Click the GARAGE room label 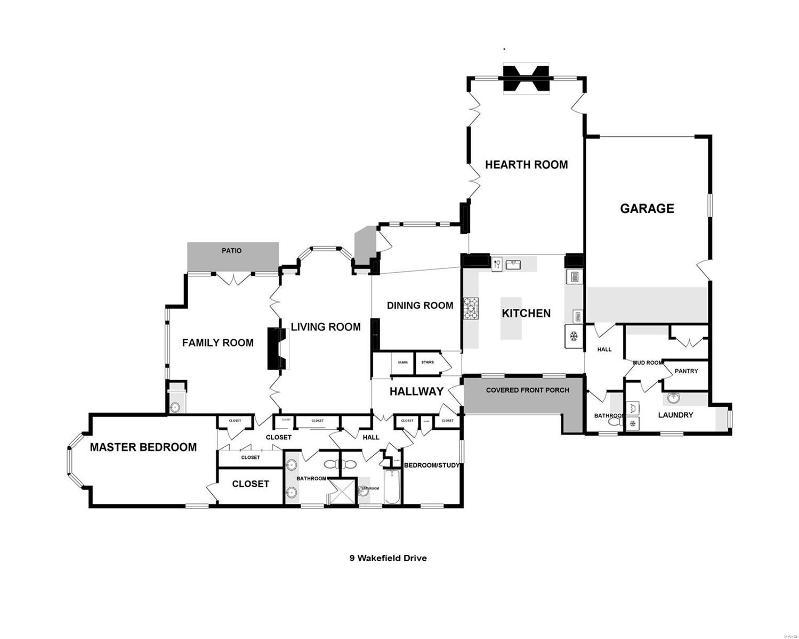(x=647, y=208)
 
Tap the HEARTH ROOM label (x=526, y=165)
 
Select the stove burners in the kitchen (x=471, y=308)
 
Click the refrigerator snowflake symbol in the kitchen (x=574, y=336)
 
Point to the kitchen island (x=511, y=318)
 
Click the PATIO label (x=232, y=250)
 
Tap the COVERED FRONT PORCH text (x=527, y=390)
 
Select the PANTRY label (x=686, y=371)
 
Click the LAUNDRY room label (x=675, y=415)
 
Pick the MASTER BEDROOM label (x=143, y=447)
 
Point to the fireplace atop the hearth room (x=526, y=79)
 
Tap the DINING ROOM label (x=420, y=305)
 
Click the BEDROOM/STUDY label (x=431, y=465)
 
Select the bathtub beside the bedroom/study (x=392, y=486)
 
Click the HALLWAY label (x=416, y=391)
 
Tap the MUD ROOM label (x=647, y=363)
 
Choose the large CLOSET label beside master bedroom (x=251, y=484)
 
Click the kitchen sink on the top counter (x=514, y=263)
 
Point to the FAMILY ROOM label (x=217, y=342)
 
